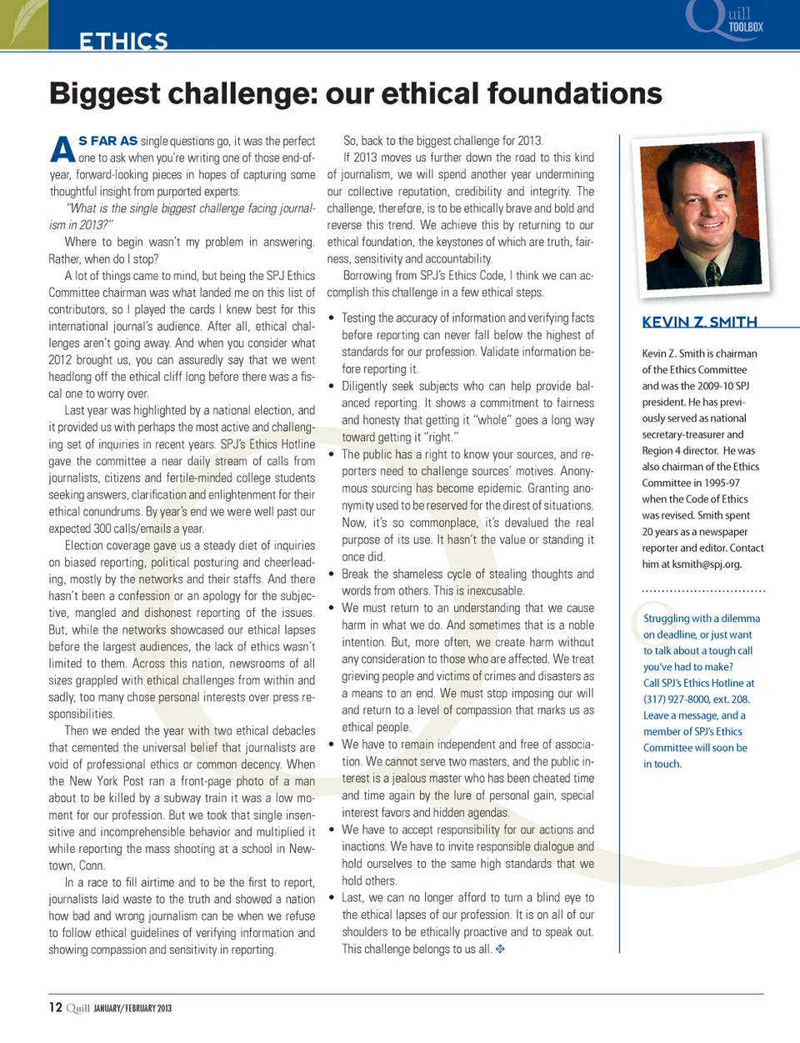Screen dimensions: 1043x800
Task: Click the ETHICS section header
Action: pyautogui.click(x=123, y=41)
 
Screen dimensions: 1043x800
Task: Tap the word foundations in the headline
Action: pyautogui.click(x=574, y=93)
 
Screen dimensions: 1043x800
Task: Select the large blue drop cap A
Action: pyautogui.click(x=62, y=150)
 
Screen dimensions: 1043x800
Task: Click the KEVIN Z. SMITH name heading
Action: pyautogui.click(x=699, y=322)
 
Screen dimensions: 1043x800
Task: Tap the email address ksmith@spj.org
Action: pyautogui.click(x=710, y=564)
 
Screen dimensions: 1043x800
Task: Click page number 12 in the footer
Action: pyautogui.click(x=55, y=1007)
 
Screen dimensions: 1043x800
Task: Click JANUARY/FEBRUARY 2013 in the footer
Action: pyautogui.click(x=132, y=1008)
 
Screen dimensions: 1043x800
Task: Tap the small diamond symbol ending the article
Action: pyautogui.click(x=500, y=949)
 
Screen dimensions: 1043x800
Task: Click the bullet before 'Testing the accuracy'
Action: pyautogui.click(x=332, y=318)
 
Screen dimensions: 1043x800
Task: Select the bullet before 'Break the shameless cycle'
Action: pyautogui.click(x=332, y=574)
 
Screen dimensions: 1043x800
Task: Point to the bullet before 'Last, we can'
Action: pyautogui.click(x=332, y=898)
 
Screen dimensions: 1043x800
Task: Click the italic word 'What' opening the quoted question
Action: pyautogui.click(x=82, y=208)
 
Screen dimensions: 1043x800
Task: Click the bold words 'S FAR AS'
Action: pyautogui.click(x=107, y=141)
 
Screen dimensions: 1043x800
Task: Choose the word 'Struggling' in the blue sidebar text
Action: pyautogui.click(x=666, y=619)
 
